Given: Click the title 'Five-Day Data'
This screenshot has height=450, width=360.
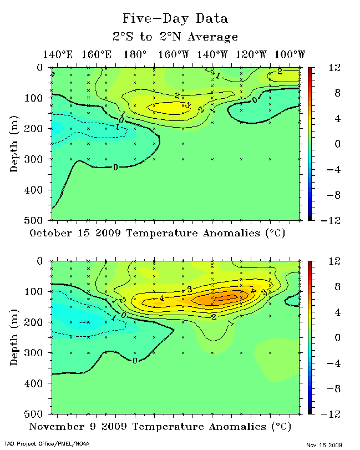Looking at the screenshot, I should pos(175,18).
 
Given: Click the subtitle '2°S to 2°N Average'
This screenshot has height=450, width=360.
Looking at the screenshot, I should pos(175,37).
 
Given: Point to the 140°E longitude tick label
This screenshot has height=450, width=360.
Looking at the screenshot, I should pos(58,54).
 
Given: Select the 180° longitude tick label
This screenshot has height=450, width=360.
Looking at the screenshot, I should pos(135,54).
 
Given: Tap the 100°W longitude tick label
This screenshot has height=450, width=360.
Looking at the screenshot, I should pos(289,54).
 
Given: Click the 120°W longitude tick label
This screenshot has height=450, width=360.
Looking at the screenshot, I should pos(251,54).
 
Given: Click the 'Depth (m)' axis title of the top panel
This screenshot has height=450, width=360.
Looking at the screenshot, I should pos(14,144).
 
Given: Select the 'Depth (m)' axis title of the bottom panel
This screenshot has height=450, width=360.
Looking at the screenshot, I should pos(14,337).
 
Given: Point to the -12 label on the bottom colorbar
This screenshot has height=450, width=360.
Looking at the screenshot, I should pos(322,413).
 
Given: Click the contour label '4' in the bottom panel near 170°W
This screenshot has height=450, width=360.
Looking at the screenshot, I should pos(162,299).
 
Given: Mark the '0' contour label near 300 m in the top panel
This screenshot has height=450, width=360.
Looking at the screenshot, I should pos(115,167).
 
